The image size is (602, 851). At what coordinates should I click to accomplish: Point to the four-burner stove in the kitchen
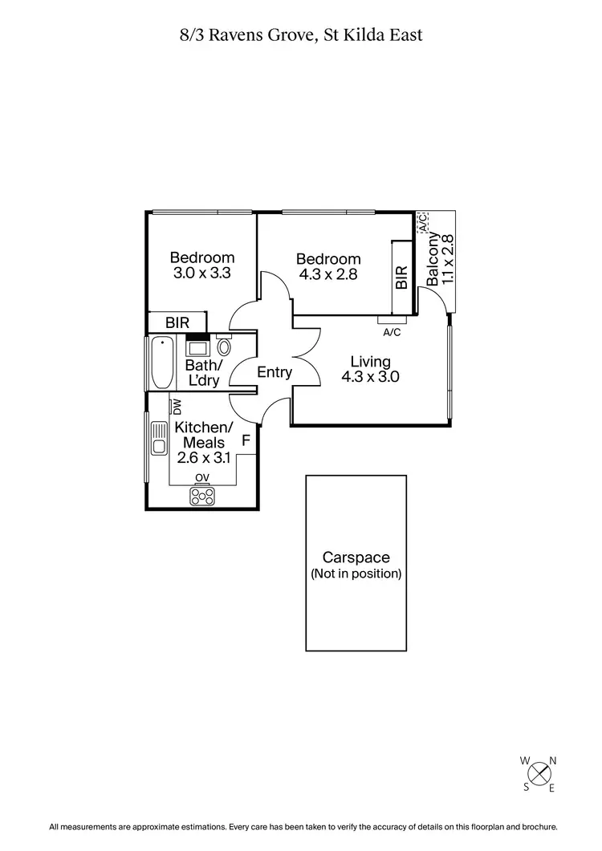[x=201, y=496]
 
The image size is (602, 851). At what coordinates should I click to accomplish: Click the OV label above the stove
[x=202, y=478]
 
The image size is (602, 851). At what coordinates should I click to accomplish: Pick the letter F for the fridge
[x=246, y=440]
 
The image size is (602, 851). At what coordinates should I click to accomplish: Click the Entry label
[x=275, y=372]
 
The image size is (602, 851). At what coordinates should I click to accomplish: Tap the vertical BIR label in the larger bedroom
[x=401, y=278]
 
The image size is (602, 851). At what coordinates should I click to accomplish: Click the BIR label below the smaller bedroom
[x=177, y=322]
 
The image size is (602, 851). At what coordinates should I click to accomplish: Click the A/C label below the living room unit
[x=392, y=332]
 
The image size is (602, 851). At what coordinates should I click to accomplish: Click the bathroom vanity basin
[x=197, y=347]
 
